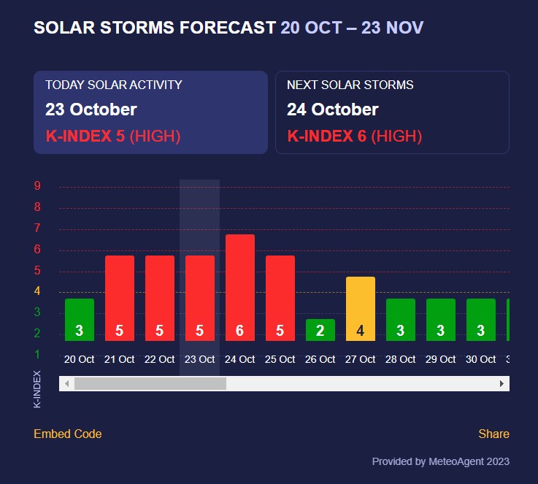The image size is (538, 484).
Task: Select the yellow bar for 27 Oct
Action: click(361, 308)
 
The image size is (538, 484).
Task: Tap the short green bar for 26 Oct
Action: click(320, 329)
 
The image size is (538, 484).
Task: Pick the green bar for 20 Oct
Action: click(80, 319)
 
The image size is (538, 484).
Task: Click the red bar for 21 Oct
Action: click(120, 298)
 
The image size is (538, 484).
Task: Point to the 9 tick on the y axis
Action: click(37, 186)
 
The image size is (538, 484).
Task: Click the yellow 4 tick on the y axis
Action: click(37, 292)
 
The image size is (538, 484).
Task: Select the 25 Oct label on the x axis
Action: click(280, 359)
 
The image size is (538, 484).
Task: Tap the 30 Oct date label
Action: click(481, 359)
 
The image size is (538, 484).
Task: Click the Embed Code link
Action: click(68, 434)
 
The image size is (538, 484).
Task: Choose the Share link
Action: click(493, 434)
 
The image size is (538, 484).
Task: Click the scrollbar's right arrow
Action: click(502, 383)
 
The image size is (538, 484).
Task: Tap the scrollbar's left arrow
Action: click(66, 383)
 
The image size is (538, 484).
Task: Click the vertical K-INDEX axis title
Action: click(38, 389)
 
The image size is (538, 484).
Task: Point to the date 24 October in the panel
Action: click(333, 110)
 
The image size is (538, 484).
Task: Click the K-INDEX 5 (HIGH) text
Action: click(112, 136)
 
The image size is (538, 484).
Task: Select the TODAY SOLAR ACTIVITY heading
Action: click(114, 85)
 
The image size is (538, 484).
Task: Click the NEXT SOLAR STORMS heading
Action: click(350, 85)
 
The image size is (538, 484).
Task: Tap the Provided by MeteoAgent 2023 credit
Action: click(440, 461)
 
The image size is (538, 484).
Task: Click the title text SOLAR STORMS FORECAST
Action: click(155, 28)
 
